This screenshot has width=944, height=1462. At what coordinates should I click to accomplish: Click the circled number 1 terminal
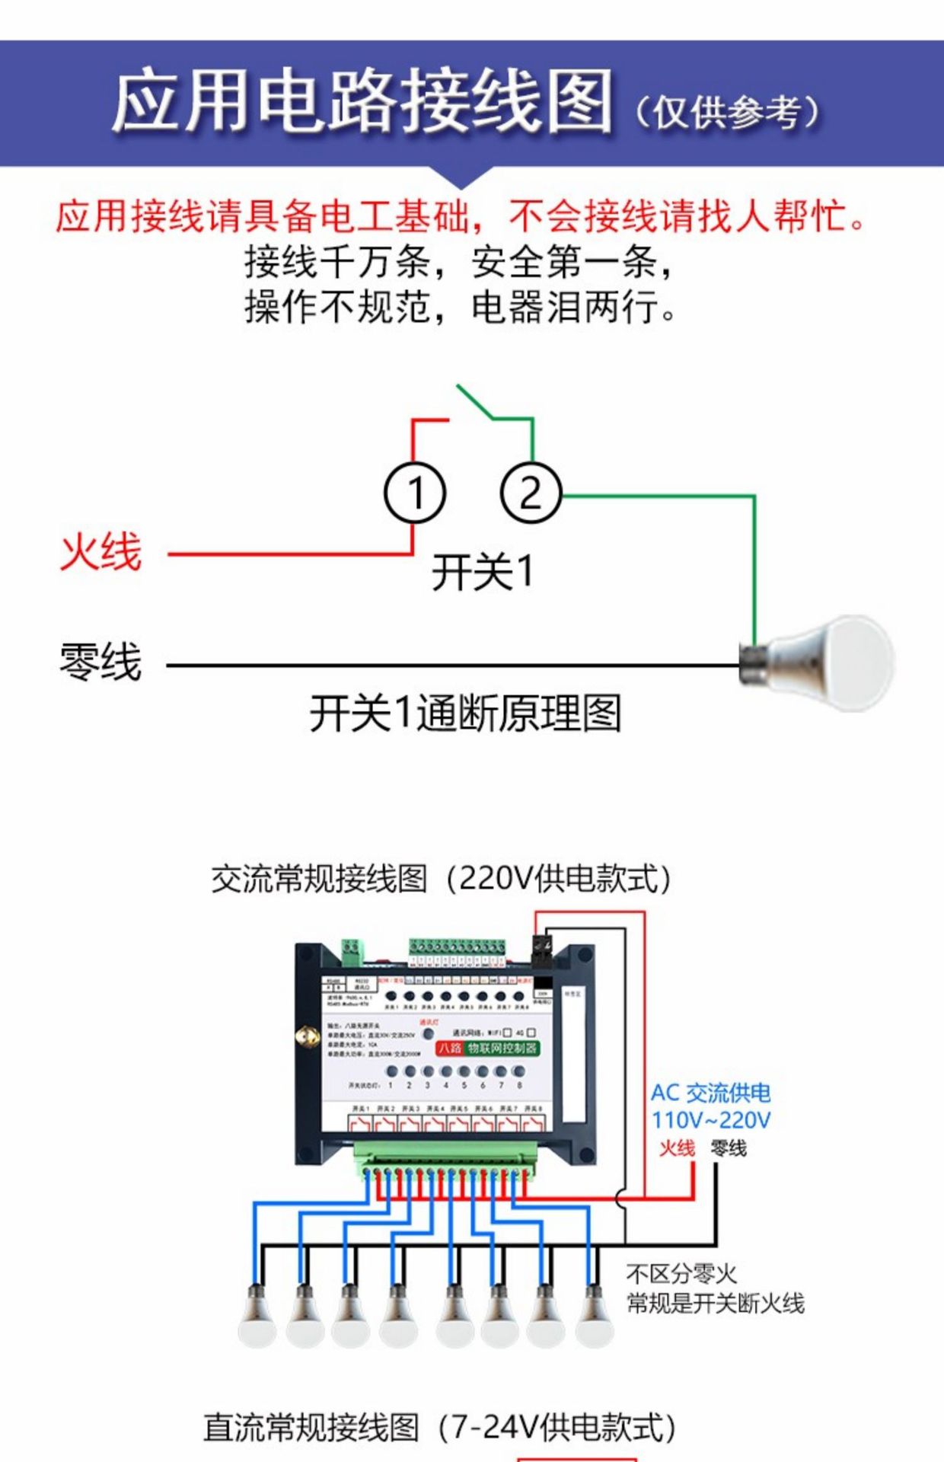414,493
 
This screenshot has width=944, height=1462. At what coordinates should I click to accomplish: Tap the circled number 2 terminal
531,493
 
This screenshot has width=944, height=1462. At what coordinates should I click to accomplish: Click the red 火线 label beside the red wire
101,552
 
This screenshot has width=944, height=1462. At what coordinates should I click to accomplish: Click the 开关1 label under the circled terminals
483,572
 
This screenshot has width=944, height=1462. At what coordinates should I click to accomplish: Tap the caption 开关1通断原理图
465,713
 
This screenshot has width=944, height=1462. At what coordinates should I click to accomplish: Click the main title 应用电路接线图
362,102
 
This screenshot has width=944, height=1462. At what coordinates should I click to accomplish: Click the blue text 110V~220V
711,1120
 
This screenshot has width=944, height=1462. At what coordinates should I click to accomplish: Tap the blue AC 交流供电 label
710,1093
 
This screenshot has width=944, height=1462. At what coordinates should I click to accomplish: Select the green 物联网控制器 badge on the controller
502,1048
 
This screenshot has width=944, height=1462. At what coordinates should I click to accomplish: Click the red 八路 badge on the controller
450,1048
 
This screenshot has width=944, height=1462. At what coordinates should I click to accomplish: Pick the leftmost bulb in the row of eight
257,1317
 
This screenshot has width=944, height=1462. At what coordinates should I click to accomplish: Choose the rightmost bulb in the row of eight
594,1317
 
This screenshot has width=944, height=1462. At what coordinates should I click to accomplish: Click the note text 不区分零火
681,1273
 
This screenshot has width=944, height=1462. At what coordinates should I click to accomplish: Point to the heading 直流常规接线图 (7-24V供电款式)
439,1428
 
